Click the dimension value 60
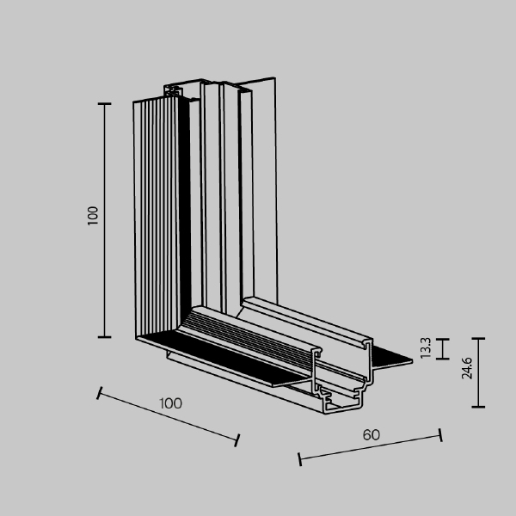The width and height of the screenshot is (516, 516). (371, 434)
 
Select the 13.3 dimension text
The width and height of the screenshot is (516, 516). (426, 348)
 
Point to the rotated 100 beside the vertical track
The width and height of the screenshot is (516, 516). (94, 215)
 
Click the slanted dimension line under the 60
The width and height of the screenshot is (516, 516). (370, 449)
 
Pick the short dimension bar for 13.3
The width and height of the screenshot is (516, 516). (442, 348)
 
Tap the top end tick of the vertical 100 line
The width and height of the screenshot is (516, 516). (105, 103)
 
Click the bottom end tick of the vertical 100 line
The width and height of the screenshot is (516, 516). (105, 337)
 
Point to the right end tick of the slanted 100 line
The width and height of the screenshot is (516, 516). (237, 441)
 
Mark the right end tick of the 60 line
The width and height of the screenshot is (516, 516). (440, 435)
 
